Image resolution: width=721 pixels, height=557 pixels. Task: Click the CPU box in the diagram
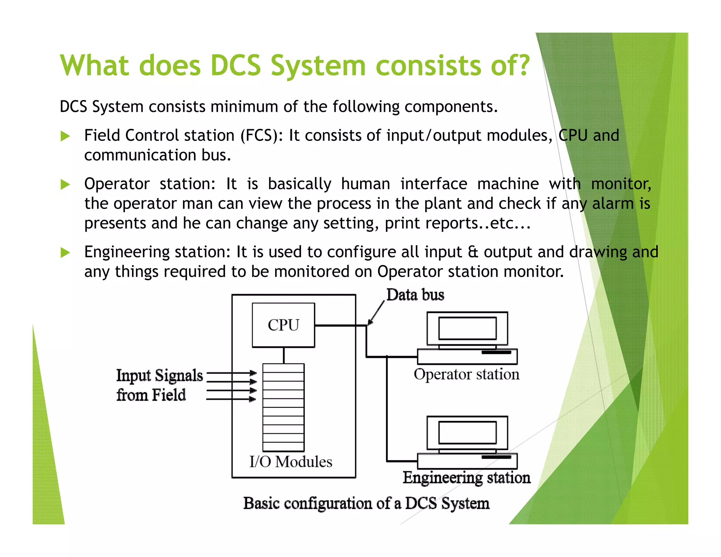[x=283, y=325]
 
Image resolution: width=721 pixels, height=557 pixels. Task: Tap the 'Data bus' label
[x=415, y=295]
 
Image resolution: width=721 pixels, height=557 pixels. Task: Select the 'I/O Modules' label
[x=291, y=462]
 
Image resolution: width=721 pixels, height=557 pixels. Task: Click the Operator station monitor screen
[x=467, y=328]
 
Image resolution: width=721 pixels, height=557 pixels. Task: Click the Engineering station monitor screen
[x=467, y=433]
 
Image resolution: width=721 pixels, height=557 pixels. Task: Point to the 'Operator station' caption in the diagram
[x=466, y=374]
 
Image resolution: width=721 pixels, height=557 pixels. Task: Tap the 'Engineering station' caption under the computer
[x=466, y=478]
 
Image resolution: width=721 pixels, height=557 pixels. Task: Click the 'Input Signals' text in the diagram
[x=159, y=375]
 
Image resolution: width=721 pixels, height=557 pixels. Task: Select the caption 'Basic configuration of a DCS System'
[x=366, y=503]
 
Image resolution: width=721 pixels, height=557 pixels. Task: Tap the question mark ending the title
[x=523, y=65]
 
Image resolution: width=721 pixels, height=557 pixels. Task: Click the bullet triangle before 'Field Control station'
[x=65, y=136]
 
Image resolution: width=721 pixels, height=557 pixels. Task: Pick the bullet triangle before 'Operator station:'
[x=65, y=184]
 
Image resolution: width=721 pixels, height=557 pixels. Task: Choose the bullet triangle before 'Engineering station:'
[x=65, y=252]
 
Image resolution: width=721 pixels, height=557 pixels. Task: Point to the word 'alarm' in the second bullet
[x=613, y=204]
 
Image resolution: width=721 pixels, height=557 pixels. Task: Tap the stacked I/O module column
[x=283, y=407]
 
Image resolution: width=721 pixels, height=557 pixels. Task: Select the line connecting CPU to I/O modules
[x=284, y=355]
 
